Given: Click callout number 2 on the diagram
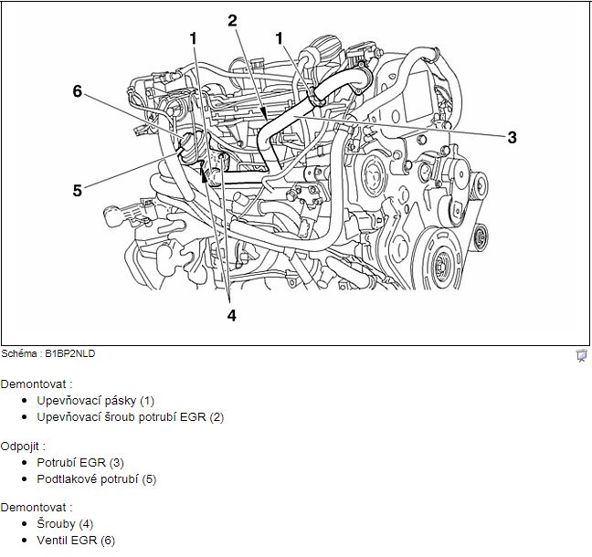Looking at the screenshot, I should pyautogui.click(x=232, y=20).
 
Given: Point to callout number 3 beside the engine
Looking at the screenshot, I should pyautogui.click(x=512, y=138).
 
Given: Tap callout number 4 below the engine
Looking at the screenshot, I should pyautogui.click(x=231, y=315).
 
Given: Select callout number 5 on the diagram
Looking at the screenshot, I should pyautogui.click(x=78, y=190).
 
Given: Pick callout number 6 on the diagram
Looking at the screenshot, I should pyautogui.click(x=78, y=90).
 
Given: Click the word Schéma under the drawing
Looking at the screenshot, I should pyautogui.click(x=19, y=352).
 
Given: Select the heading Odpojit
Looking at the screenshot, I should pyautogui.click(x=22, y=446).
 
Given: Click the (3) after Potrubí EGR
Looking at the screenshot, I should pyautogui.click(x=116, y=462).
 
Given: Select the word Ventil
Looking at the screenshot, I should pyautogui.click(x=53, y=540).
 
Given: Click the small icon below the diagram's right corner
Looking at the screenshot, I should pyautogui.click(x=581, y=355).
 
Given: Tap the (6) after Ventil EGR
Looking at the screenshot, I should pyautogui.click(x=108, y=540).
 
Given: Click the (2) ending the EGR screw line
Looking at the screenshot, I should pyautogui.click(x=216, y=416).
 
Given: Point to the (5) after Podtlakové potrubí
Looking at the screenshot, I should pyautogui.click(x=149, y=478).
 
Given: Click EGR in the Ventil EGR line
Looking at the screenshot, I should pyautogui.click(x=85, y=540).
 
